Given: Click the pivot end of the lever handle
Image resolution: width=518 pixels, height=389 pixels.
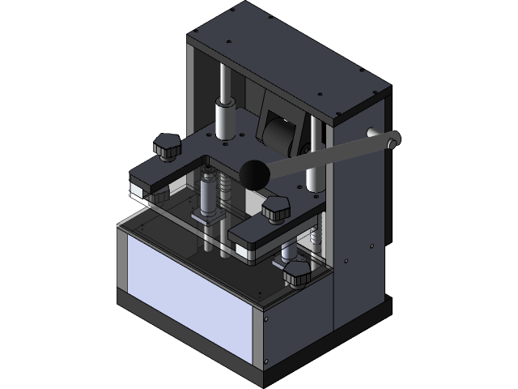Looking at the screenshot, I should [x=393, y=140].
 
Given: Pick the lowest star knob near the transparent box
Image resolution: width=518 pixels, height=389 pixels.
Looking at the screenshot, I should [x=296, y=273].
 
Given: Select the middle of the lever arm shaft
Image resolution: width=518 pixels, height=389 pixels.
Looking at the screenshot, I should [x=324, y=157].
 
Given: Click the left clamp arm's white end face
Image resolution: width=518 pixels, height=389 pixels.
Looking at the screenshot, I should [x=139, y=190].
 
